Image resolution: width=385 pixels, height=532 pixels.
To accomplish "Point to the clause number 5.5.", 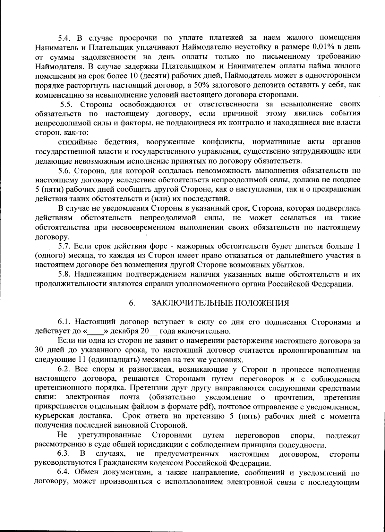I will click(x=67, y=104).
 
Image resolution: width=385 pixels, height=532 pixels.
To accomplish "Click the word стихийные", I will click(x=79, y=142).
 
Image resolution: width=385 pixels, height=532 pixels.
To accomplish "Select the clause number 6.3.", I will click(x=64, y=454).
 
